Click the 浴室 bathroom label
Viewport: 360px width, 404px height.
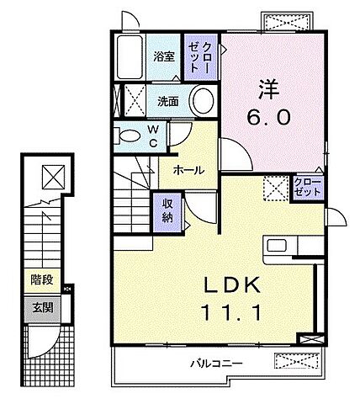tap(164, 56)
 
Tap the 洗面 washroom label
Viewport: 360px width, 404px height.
tap(168, 101)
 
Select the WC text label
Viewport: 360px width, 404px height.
tap(153, 136)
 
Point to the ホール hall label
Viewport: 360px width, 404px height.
tap(188, 169)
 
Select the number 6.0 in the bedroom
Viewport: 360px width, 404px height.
tap(269, 117)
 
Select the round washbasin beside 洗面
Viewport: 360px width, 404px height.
tap(203, 101)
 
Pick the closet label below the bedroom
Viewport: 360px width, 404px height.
tap(306, 187)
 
